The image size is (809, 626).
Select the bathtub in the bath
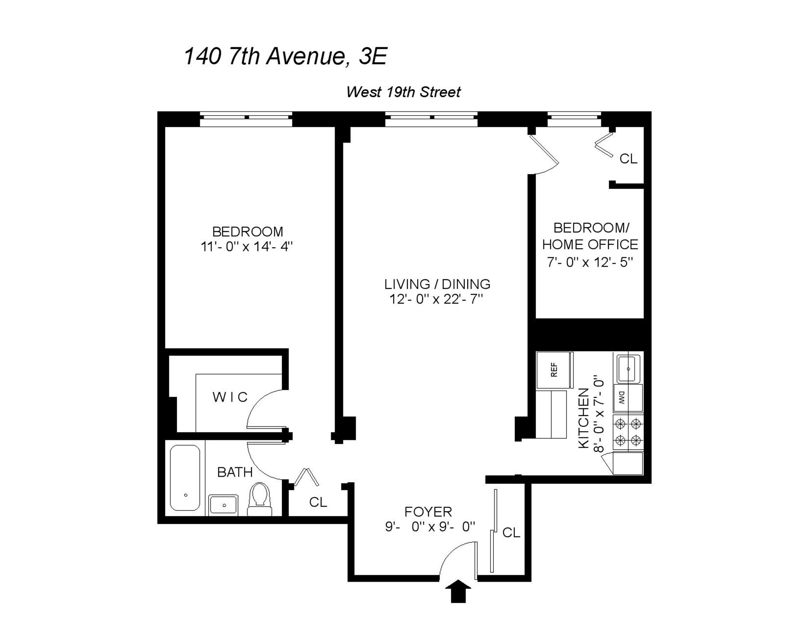[185, 478]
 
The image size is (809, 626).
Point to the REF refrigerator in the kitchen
[554, 370]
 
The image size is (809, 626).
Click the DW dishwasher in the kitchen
[627, 397]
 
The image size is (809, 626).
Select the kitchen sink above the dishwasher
[628, 369]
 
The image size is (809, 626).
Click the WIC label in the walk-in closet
[230, 397]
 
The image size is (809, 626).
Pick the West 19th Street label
[403, 92]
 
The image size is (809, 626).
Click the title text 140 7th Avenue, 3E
[285, 56]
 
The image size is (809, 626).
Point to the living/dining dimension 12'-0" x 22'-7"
[436, 300]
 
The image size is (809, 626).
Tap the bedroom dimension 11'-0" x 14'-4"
[247, 246]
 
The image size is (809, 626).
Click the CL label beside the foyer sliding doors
[511, 532]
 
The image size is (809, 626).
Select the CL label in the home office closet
[628, 159]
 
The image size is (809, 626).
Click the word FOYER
[428, 512]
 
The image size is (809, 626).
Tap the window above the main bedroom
[246, 119]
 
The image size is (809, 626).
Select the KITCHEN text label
[584, 418]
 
